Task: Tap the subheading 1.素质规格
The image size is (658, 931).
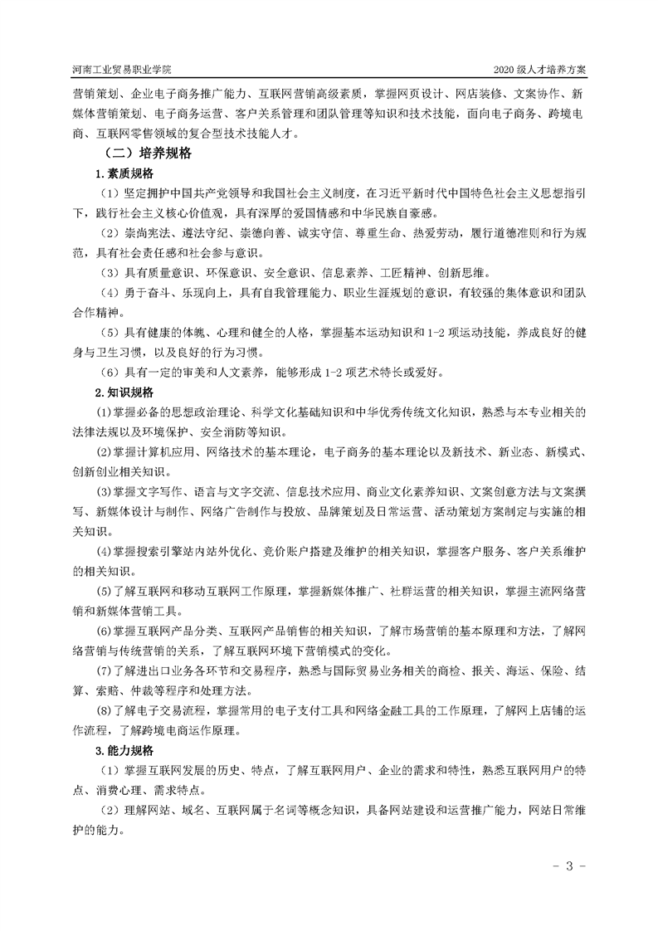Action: pos(124,173)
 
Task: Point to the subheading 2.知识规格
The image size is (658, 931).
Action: pos(124,392)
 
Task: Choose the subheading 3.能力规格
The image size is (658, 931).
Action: pos(124,750)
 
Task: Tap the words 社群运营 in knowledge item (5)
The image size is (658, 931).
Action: pos(402,592)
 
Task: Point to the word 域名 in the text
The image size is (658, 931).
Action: pos(180,811)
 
